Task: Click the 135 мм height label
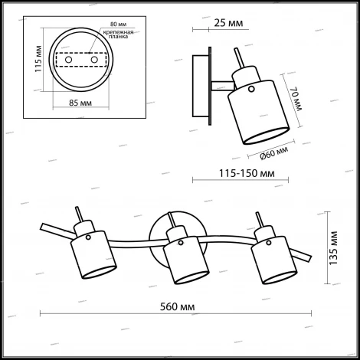332,247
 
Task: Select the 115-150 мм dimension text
227,172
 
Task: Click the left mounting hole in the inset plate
68,59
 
